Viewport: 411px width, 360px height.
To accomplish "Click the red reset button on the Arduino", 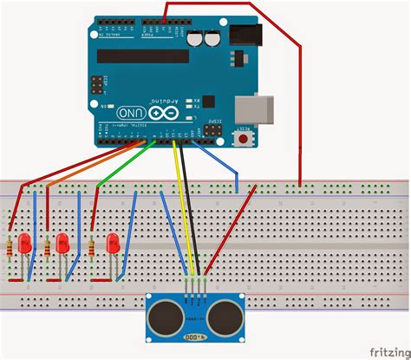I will [246, 137].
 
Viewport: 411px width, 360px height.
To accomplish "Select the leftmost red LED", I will [25, 243].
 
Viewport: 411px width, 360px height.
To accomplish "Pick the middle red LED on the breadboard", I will [62, 244].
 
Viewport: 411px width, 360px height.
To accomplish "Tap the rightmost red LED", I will [113, 244].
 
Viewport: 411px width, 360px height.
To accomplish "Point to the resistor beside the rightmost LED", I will [92, 248].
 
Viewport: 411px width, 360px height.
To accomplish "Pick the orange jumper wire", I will [87, 165].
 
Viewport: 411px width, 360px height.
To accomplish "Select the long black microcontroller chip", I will [143, 56].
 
